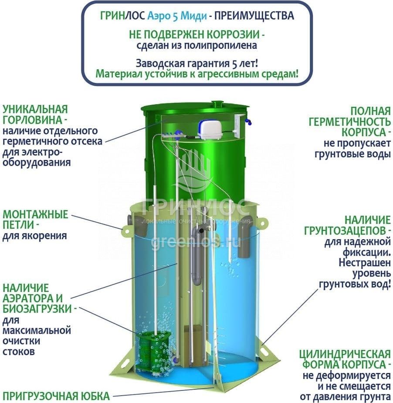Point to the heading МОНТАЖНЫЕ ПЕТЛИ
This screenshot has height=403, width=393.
[36, 220]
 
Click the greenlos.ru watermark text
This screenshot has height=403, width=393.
[196, 241]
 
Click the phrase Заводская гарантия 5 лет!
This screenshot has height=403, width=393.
[196, 62]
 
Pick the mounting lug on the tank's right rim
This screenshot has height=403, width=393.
[262, 223]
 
